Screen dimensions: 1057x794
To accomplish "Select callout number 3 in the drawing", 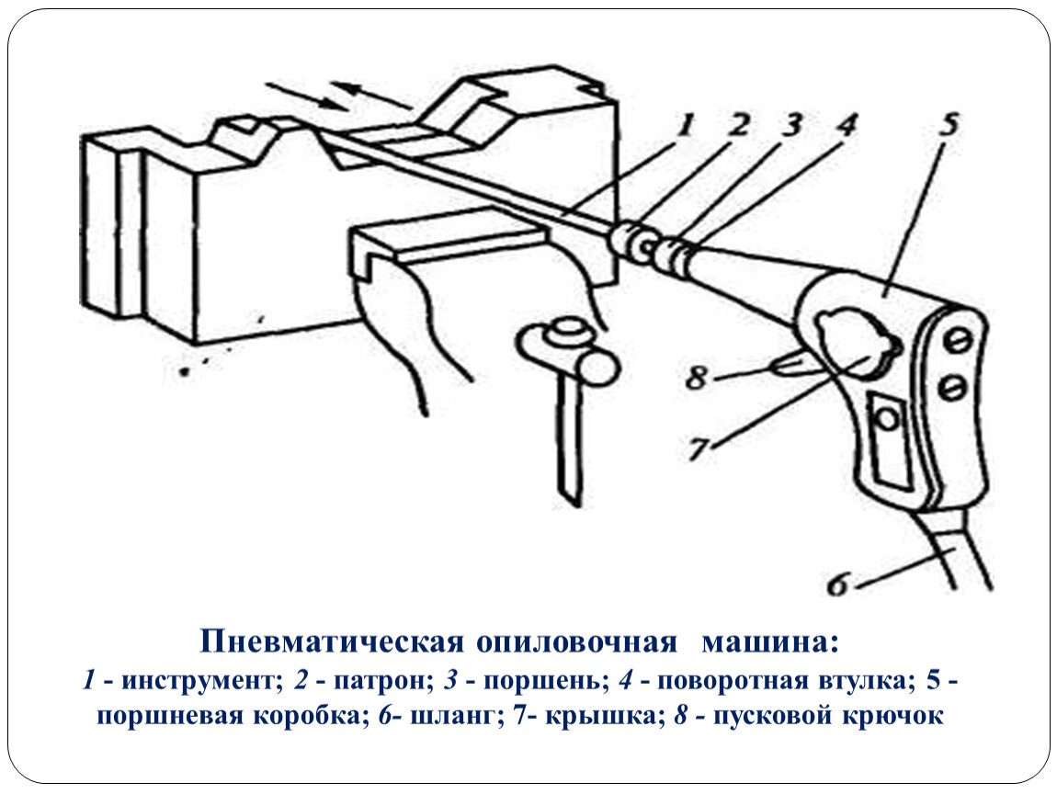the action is pos(790,125).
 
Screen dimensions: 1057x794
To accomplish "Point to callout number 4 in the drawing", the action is pos(846,125).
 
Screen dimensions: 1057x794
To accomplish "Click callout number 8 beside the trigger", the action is pos(697,378).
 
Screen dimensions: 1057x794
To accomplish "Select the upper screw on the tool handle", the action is pos(960,342).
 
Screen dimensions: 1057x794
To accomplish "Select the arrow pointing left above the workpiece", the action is pos(373,95).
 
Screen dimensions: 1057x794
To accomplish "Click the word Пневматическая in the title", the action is pos(332,641).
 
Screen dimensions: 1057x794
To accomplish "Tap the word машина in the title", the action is pos(771,642).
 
